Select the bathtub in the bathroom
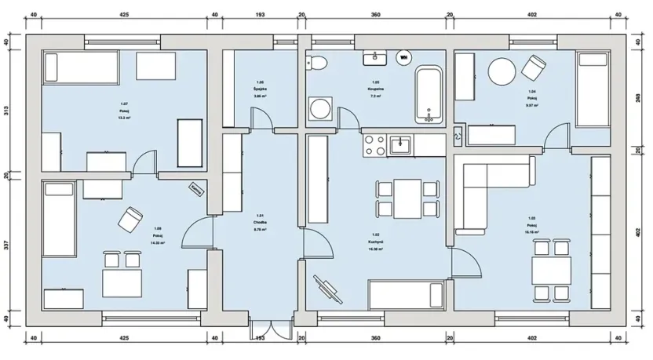(x=429, y=96)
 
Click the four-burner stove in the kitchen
(x=374, y=144)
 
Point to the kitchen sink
(x=400, y=144)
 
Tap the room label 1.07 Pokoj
(x=124, y=108)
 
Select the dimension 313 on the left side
(x=6, y=110)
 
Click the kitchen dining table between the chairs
(x=407, y=198)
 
